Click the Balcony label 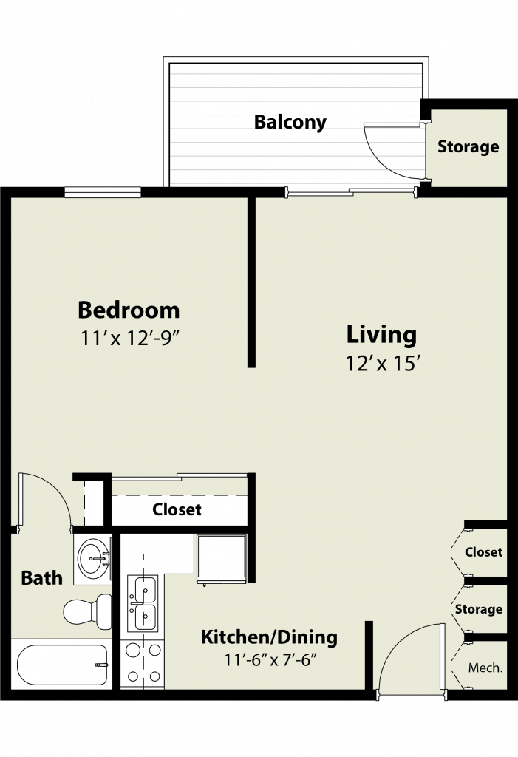(x=290, y=122)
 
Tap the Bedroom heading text (x=129, y=310)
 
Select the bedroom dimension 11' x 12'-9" (x=130, y=339)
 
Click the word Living (x=381, y=335)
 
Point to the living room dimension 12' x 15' (x=381, y=364)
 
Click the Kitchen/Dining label (x=270, y=637)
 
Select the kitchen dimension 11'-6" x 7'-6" (x=270, y=659)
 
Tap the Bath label (x=42, y=578)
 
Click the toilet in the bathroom (x=87, y=611)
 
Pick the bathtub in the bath (x=62, y=665)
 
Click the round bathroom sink (x=93, y=559)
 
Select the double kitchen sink (x=143, y=603)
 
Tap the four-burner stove (x=143, y=663)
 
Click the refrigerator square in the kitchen (x=222, y=559)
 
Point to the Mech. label (x=485, y=668)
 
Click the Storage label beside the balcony (x=468, y=146)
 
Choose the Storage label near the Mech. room (x=478, y=609)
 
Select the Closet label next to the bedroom (x=177, y=509)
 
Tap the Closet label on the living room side (x=484, y=551)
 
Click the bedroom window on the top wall (x=103, y=193)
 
